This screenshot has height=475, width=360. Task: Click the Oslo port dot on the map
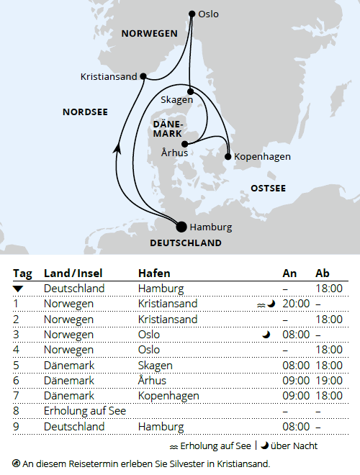191,14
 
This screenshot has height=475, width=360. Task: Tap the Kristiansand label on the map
109,76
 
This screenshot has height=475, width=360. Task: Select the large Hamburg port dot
181,227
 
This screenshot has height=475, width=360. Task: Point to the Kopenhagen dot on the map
228,156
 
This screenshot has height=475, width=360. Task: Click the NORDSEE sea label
85,112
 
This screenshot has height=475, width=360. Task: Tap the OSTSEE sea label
268,188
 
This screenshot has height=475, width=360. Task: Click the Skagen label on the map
176,99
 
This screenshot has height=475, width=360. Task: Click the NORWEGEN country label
149,34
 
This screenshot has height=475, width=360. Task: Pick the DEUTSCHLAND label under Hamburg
186,243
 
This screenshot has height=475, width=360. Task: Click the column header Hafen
154,273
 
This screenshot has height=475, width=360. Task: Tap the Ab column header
323,273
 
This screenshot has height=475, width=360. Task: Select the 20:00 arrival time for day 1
296,304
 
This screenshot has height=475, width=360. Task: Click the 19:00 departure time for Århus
328,381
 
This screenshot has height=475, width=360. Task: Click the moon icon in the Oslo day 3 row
266,335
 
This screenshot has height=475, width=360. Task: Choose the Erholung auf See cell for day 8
85,411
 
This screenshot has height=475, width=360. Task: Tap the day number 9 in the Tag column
16,427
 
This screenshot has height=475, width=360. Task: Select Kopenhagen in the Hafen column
166,396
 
